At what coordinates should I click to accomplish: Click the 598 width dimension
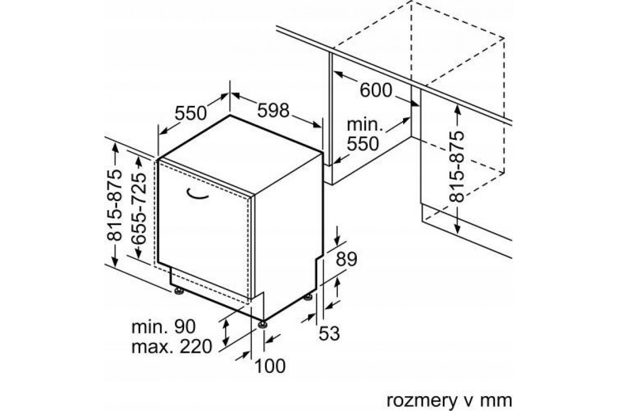pyautogui.click(x=273, y=110)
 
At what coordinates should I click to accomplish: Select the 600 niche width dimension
pyautogui.click(x=376, y=90)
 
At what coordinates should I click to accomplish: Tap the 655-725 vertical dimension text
pyautogui.click(x=139, y=209)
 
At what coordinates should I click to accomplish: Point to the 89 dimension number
pyautogui.click(x=347, y=259)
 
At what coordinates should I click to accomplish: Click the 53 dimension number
pyautogui.click(x=330, y=333)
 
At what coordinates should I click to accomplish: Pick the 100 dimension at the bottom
pyautogui.click(x=270, y=366)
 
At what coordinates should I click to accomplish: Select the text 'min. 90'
pyautogui.click(x=164, y=327)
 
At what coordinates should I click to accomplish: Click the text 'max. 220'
pyautogui.click(x=172, y=347)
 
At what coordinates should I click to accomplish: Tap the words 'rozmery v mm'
pyautogui.click(x=449, y=401)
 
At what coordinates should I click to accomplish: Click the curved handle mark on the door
pyautogui.click(x=196, y=196)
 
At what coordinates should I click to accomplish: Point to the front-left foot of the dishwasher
pyautogui.click(x=179, y=291)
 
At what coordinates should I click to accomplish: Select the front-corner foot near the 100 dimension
pyautogui.click(x=262, y=324)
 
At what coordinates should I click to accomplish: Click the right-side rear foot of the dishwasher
pyautogui.click(x=307, y=297)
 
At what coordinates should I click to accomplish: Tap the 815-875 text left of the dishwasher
pyautogui.click(x=114, y=206)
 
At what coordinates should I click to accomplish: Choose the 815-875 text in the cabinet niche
pyautogui.click(x=457, y=166)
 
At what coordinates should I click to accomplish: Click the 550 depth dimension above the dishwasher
pyautogui.click(x=191, y=113)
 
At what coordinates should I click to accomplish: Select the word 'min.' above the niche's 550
pyautogui.click(x=365, y=125)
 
